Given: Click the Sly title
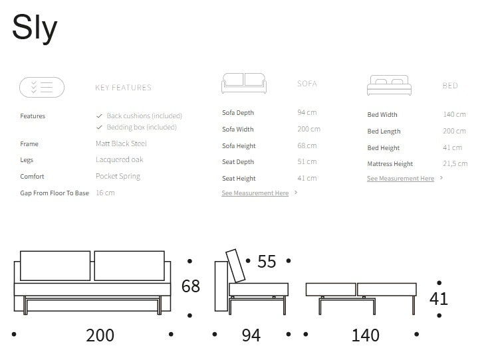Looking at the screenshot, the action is pyautogui.click(x=35, y=28).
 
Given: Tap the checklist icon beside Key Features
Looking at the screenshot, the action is pyautogui.click(x=42, y=87).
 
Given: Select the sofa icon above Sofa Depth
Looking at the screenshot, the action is pyautogui.click(x=244, y=83).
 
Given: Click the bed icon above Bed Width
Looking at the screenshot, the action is pyautogui.click(x=389, y=86).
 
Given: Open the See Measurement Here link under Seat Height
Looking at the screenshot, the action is pyautogui.click(x=255, y=193).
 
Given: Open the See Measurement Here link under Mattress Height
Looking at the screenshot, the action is pyautogui.click(x=400, y=178).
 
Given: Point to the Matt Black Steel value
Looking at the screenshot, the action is pyautogui.click(x=121, y=143).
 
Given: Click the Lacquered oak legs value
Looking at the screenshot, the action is pyautogui.click(x=120, y=159).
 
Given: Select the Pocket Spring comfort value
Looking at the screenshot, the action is pyautogui.click(x=118, y=176).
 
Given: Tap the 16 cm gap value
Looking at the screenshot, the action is pyautogui.click(x=105, y=193).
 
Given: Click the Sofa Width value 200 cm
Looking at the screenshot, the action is pyautogui.click(x=309, y=129).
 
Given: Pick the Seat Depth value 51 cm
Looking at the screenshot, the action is pyautogui.click(x=307, y=161).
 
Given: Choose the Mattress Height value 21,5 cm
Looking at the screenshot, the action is pyautogui.click(x=455, y=163).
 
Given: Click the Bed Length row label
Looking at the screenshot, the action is pyautogui.click(x=384, y=131).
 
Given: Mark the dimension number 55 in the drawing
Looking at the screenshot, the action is pyautogui.click(x=267, y=261).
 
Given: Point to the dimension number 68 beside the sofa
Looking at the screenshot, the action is pyautogui.click(x=191, y=286).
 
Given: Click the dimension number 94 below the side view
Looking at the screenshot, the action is pyautogui.click(x=251, y=335).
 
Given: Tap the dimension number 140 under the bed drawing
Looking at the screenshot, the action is pyautogui.click(x=366, y=335).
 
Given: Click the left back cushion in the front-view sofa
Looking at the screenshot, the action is pyautogui.click(x=55, y=266).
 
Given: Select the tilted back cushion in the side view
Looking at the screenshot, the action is pyautogui.click(x=235, y=266).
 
